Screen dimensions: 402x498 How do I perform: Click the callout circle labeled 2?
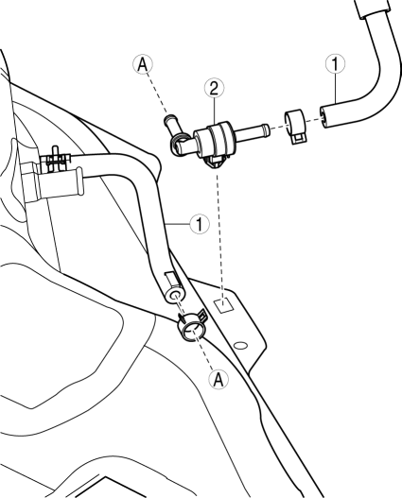tap(214, 88)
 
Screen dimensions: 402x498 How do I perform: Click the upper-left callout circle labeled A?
tap(143, 64)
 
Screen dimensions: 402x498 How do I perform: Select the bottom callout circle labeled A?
tap(218, 379)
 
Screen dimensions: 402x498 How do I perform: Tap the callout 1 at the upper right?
tap(336, 63)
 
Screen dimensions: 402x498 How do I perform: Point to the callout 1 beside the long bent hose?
tap(200, 224)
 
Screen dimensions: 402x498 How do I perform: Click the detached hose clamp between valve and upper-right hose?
tap(295, 126)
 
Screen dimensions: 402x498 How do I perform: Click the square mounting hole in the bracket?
tap(225, 305)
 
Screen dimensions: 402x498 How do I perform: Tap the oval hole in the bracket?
tap(240, 345)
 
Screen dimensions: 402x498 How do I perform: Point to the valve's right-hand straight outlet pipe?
tap(253, 131)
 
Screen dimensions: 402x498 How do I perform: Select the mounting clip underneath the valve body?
tap(216, 163)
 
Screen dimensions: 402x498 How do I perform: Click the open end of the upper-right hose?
tap(324, 117)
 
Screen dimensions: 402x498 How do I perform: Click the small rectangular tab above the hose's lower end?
tap(171, 279)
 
